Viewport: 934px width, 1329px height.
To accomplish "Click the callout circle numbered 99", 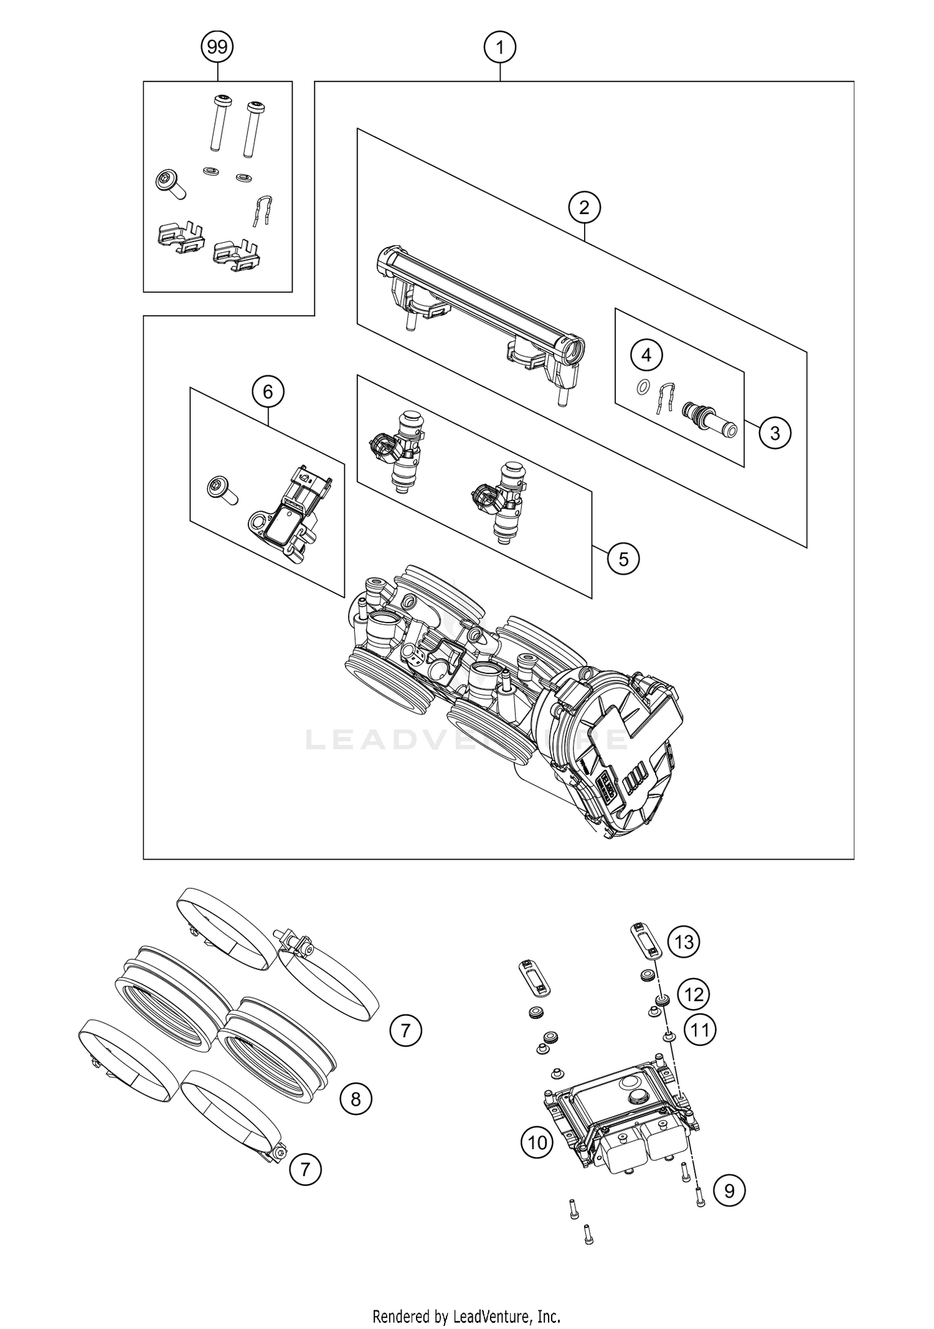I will click(x=217, y=47).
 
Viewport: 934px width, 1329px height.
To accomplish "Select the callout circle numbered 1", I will click(x=500, y=47).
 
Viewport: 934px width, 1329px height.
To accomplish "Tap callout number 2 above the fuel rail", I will click(x=584, y=207).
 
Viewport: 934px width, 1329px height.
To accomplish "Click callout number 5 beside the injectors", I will click(x=623, y=559).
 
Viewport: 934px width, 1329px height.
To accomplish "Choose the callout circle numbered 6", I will click(x=268, y=392).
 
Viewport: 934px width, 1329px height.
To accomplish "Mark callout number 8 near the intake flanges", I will click(x=356, y=1099).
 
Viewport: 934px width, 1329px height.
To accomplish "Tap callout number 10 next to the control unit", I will click(x=537, y=1142).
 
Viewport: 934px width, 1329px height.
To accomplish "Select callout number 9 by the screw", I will click(x=729, y=1191).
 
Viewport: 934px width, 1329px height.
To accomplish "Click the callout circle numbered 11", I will click(x=700, y=1030).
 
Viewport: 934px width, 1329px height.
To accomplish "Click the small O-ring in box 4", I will click(x=642, y=388).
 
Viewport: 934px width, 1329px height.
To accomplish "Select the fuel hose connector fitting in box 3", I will click(x=709, y=420).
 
